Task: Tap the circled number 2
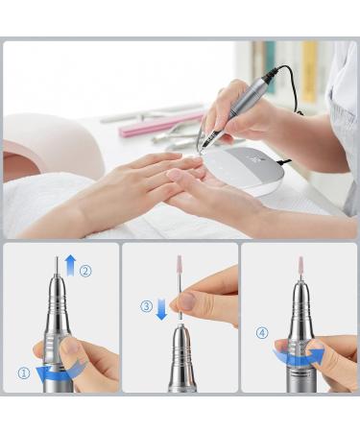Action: [x=85, y=271]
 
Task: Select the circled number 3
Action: [x=146, y=306]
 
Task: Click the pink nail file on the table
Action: [x=148, y=127]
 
